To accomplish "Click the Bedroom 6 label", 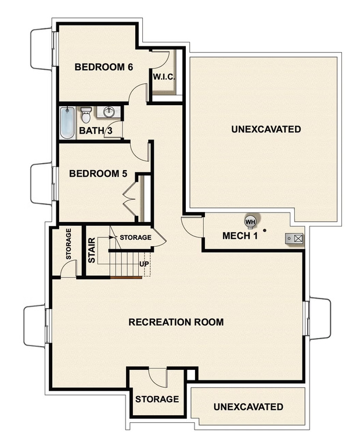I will pyautogui.click(x=104, y=67).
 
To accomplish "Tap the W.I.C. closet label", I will pyautogui.click(x=164, y=77).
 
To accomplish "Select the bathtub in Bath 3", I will pyautogui.click(x=67, y=123).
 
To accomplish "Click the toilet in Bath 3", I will pyautogui.click(x=86, y=114).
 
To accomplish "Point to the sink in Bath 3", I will pyautogui.click(x=108, y=111).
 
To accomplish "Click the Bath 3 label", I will pyautogui.click(x=96, y=131).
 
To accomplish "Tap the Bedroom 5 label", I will pyautogui.click(x=98, y=174).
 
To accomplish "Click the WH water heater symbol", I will pyautogui.click(x=250, y=221).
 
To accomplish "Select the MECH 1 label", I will pyautogui.click(x=240, y=236).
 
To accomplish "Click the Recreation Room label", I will pyautogui.click(x=176, y=322).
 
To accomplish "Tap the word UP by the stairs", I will pyautogui.click(x=145, y=263).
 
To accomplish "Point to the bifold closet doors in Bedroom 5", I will pyautogui.click(x=129, y=199).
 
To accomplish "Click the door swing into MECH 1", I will pyautogui.click(x=192, y=226).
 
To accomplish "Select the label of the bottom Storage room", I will pyautogui.click(x=157, y=399).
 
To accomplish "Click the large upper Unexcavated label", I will pyautogui.click(x=266, y=129).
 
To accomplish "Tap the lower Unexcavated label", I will pyautogui.click(x=248, y=407).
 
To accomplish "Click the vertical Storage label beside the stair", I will pyautogui.click(x=69, y=244).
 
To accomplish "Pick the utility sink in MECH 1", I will pyautogui.click(x=294, y=238).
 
